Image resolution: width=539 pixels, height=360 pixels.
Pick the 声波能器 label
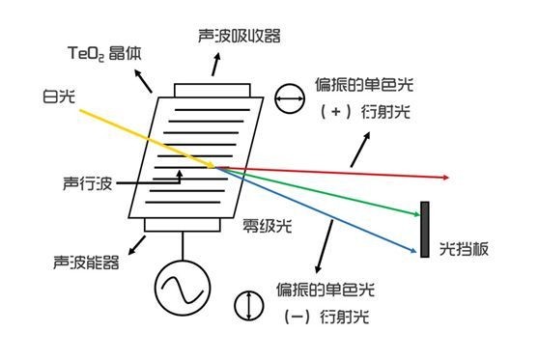click(x=83, y=262)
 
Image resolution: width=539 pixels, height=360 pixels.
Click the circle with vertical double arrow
click(x=249, y=304)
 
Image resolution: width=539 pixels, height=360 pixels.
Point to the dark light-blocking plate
click(x=424, y=229)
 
